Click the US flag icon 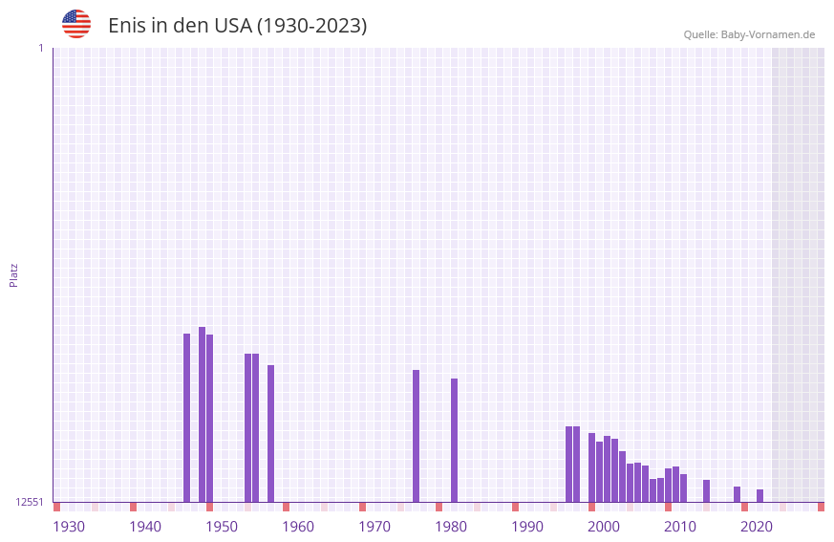click(x=76, y=24)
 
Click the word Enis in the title click(x=126, y=26)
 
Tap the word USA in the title click(x=233, y=26)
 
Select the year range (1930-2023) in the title click(x=312, y=26)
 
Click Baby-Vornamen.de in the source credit click(x=768, y=35)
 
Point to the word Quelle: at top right click(x=700, y=35)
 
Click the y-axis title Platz click(x=13, y=274)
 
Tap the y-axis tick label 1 click(x=40, y=48)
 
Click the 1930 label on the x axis click(x=69, y=527)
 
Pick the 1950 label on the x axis click(x=222, y=527)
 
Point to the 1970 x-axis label click(x=374, y=527)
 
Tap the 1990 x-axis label click(x=527, y=527)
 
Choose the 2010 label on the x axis click(x=680, y=527)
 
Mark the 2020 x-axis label click(x=757, y=527)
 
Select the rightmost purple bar click(x=760, y=495)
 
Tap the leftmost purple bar click(x=187, y=418)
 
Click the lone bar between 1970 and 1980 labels click(x=417, y=436)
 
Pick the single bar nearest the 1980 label click(x=455, y=440)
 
